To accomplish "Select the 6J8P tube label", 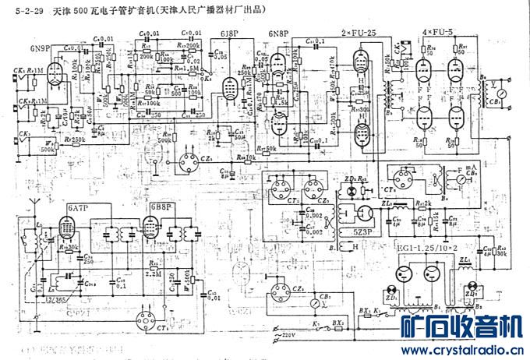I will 230,34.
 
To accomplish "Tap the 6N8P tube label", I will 278,34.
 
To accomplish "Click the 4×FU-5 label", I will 437,33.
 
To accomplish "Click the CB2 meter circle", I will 313,300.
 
